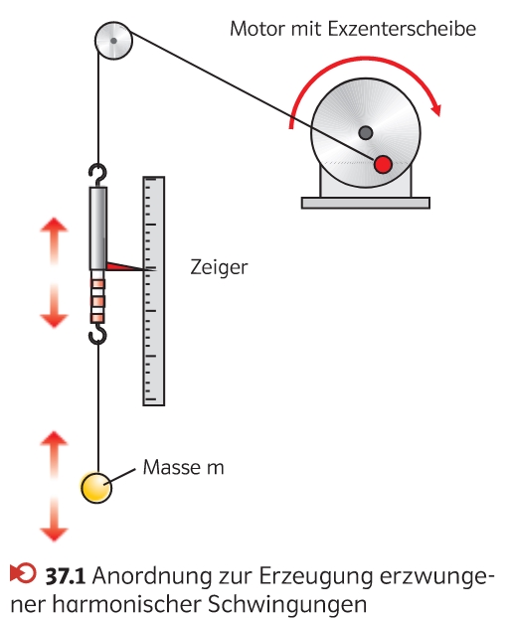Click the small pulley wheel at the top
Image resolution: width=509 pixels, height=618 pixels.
coord(113,41)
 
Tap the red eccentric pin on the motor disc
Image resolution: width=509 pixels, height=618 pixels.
coord(383,164)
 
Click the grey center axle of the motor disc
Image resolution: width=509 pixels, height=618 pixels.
coord(366,133)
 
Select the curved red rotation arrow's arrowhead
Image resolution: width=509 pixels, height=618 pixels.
coord(434,107)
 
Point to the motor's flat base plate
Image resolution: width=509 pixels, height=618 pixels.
coord(366,203)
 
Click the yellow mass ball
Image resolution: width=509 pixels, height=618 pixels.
coord(96,488)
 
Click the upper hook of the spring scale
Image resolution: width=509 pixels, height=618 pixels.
coord(98,175)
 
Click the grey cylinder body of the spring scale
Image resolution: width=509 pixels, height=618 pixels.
coord(98,229)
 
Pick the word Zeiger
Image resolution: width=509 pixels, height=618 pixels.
coord(219,268)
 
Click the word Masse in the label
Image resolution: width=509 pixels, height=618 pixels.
coord(172,467)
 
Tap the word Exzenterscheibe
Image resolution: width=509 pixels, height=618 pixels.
coord(402,29)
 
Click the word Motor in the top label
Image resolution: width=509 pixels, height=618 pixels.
coord(256,29)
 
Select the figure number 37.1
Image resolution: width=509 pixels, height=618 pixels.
coord(65,576)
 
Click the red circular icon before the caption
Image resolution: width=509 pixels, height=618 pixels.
coord(23,572)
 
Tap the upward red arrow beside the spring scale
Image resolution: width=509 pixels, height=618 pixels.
coord(54,240)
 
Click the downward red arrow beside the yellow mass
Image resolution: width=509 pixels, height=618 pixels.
coord(54,520)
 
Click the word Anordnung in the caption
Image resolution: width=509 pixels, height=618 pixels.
coord(152,577)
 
